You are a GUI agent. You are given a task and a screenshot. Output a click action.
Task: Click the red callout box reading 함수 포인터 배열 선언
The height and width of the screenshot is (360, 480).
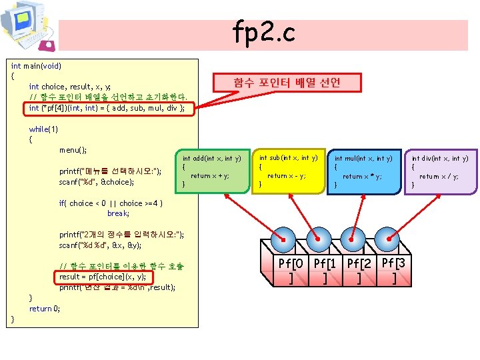[287, 83]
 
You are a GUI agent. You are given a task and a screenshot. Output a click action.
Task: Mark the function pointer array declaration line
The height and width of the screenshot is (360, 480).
[107, 107]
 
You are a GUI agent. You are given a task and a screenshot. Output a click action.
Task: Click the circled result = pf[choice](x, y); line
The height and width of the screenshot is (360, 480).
[103, 277]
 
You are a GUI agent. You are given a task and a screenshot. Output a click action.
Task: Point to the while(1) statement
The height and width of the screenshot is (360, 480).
[43, 129]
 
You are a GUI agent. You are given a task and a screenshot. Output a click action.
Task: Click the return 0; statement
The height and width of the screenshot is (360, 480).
[45, 309]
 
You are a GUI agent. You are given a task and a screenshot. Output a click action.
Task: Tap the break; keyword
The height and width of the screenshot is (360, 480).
[117, 214]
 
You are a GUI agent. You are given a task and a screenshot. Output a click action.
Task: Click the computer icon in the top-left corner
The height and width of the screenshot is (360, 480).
[25, 25]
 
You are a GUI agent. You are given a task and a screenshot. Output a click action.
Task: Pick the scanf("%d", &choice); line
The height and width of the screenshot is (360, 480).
[97, 181]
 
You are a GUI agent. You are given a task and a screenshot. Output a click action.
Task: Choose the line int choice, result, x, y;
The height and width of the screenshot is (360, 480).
[70, 87]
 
